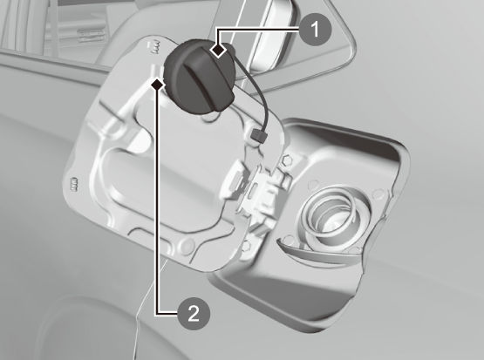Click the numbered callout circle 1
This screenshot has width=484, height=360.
[x=315, y=30]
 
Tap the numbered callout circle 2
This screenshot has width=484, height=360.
[x=194, y=314]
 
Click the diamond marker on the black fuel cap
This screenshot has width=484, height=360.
[x=219, y=50]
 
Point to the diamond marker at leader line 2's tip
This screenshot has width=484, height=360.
[x=157, y=84]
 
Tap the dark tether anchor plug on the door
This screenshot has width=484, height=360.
[x=259, y=136]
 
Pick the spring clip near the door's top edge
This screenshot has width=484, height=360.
[x=154, y=47]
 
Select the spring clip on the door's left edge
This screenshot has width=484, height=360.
[x=74, y=185]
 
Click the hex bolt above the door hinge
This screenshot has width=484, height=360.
[x=288, y=160]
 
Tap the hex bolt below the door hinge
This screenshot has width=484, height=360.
[x=246, y=245]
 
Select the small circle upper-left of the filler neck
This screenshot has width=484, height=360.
[x=313, y=185]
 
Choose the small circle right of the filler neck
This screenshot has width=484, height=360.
[x=378, y=194]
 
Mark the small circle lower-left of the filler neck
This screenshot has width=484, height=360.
[x=289, y=240]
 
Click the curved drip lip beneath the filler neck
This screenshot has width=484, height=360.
[x=318, y=255]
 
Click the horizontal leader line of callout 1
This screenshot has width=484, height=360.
[x=258, y=30]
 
